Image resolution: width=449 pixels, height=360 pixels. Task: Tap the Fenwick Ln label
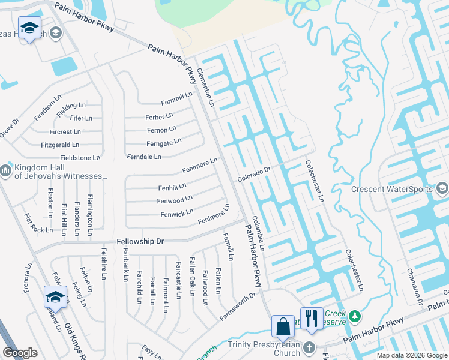tap(176, 212)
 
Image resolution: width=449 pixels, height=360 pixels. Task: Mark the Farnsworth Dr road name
tap(237, 305)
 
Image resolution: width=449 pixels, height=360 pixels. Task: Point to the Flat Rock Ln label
tap(38, 223)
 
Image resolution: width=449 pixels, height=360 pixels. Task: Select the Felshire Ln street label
tap(104, 264)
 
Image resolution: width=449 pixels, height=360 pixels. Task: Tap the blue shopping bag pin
tap(283, 326)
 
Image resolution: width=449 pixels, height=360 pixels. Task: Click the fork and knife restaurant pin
tap(311, 318)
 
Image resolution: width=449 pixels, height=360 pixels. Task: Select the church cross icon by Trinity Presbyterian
tap(309, 348)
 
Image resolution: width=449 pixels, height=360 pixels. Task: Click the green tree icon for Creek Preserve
tap(355, 315)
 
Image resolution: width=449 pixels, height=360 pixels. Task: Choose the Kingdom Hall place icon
tap(5, 171)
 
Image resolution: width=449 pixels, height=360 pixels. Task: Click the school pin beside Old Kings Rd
tap(55, 297)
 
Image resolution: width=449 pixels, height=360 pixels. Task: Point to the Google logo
tap(20, 353)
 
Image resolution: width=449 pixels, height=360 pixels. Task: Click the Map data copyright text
tap(411, 355)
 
